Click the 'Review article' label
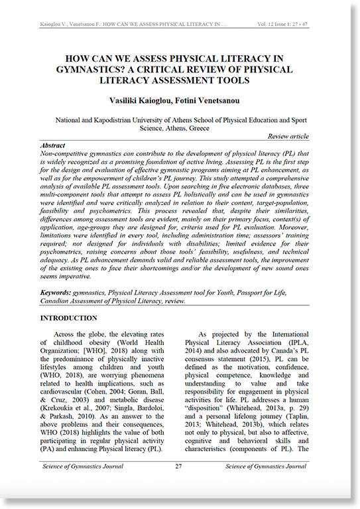(x=288, y=136)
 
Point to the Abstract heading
(x=53, y=145)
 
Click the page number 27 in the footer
(x=179, y=466)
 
